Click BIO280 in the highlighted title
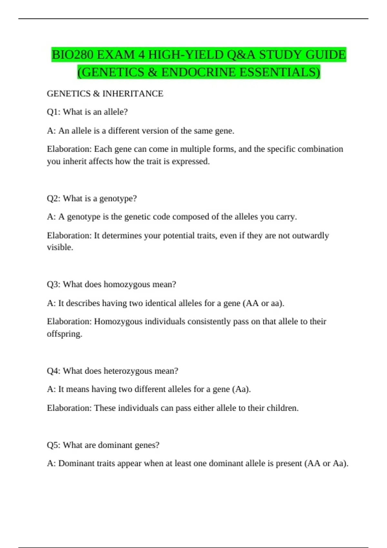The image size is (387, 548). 73,55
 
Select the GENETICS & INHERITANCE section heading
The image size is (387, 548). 105,93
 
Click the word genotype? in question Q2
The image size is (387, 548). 118,198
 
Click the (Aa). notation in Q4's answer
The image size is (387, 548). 241,389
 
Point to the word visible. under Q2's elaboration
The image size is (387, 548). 60,247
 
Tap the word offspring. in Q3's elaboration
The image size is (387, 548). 64,334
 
